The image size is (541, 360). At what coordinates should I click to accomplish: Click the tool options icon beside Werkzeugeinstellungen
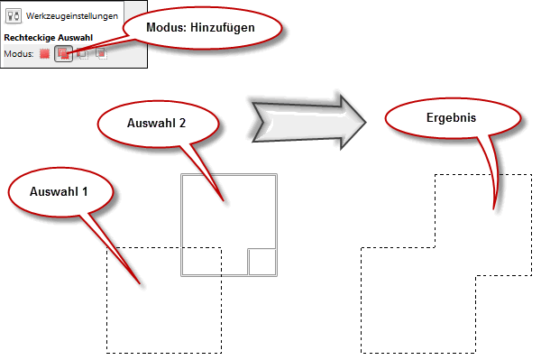[14, 16]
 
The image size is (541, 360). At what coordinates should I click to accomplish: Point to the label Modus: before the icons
[18, 54]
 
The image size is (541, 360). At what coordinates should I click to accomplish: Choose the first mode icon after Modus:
[44, 54]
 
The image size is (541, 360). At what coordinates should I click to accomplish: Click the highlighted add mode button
[63, 54]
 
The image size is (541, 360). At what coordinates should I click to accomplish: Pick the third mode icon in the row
[82, 54]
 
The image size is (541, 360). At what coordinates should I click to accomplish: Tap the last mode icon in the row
[101, 54]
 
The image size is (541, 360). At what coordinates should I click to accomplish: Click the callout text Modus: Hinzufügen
[200, 28]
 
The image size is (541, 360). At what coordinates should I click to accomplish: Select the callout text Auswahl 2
[157, 122]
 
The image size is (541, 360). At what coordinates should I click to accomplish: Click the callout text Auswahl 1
[60, 192]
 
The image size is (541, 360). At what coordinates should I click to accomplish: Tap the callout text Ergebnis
[451, 117]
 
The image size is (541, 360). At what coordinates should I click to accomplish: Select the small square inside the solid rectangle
[262, 262]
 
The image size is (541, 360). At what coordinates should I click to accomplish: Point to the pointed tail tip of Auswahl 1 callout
[141, 286]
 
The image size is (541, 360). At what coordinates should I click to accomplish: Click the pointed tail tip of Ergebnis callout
[492, 209]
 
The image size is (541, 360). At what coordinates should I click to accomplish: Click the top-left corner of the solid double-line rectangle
[181, 174]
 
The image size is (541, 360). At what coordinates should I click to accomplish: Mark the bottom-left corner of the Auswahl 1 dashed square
[107, 353]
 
